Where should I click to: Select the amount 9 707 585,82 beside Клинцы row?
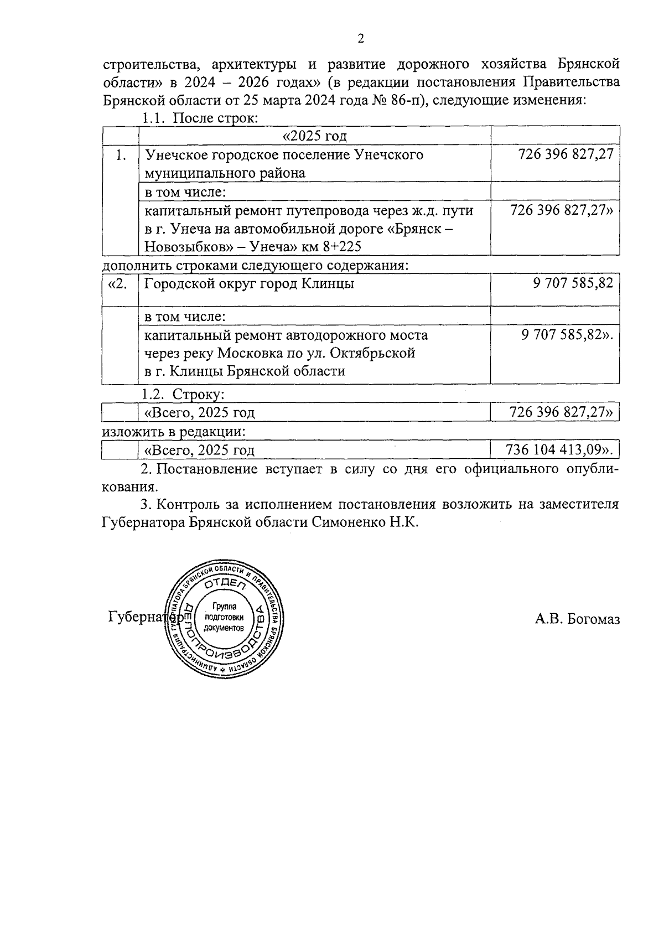[573, 283]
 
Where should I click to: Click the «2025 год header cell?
[314, 136]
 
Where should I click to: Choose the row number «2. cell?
[118, 283]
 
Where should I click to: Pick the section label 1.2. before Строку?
[153, 395]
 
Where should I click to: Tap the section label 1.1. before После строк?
[153, 118]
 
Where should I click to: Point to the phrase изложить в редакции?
[174, 431]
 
